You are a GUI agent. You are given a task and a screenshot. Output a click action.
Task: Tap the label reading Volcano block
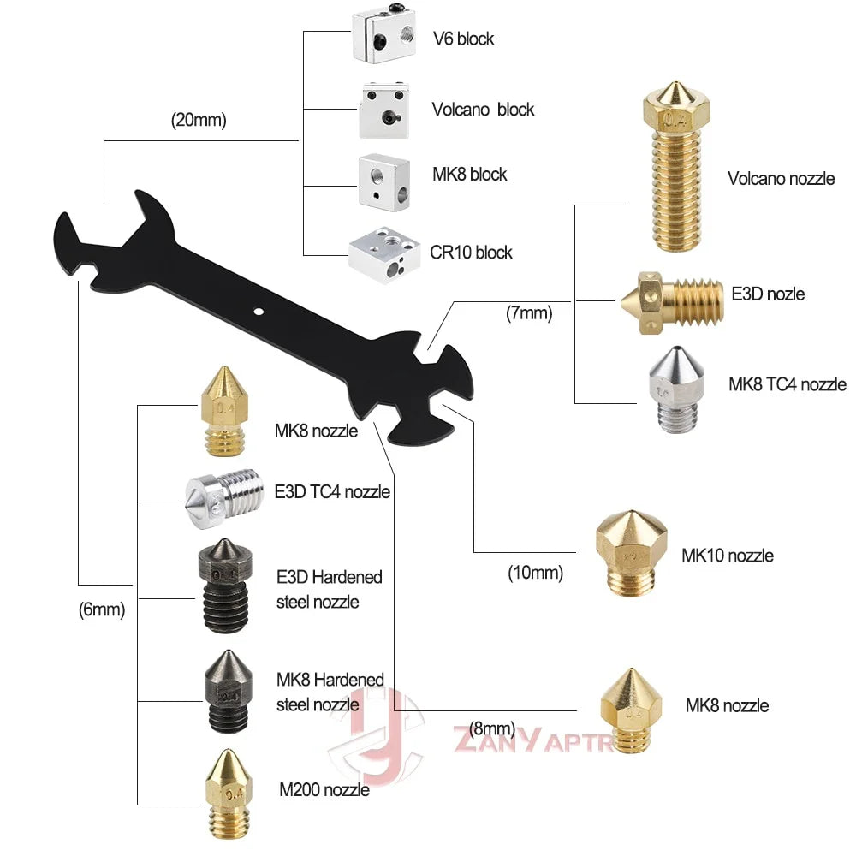[x=482, y=110]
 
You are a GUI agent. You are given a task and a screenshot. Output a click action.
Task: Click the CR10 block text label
[x=471, y=252]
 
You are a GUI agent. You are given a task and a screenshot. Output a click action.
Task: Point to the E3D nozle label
[x=768, y=294]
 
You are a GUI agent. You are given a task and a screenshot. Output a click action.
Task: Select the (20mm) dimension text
[x=199, y=121]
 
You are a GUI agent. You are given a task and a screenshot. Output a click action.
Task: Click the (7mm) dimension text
[x=529, y=314]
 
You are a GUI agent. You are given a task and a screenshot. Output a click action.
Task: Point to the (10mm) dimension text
[x=535, y=573]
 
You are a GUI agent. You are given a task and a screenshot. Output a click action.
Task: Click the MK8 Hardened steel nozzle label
[x=330, y=692]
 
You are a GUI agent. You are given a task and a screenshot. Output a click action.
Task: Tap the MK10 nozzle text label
[x=727, y=556]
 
